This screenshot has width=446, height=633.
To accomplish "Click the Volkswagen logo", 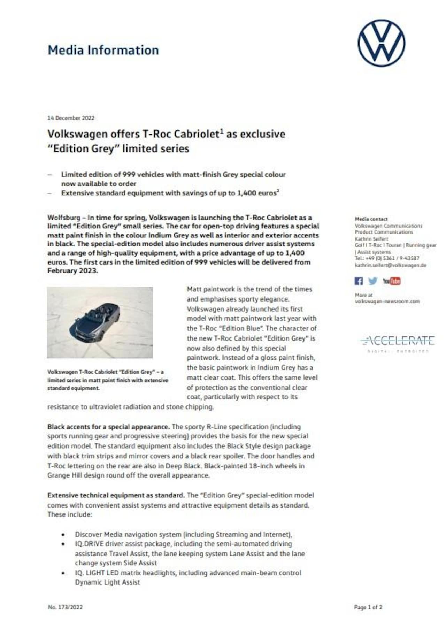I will click(x=381, y=43).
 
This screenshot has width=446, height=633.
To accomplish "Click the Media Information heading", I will click(x=103, y=50).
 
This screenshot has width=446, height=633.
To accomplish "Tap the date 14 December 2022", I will click(x=71, y=118).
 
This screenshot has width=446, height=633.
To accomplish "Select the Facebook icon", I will click(x=359, y=281).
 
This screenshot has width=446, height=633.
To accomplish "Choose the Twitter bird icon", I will click(x=372, y=281).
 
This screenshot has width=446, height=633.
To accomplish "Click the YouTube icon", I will click(x=391, y=281).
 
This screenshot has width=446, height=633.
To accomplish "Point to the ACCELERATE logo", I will click(x=397, y=341).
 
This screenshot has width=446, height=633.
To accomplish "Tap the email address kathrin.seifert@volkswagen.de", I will click(x=390, y=265).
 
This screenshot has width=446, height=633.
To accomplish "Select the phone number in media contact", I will click(x=387, y=258).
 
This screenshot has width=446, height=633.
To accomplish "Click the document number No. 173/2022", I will click(x=65, y=607).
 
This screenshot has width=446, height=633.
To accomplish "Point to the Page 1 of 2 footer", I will click(x=368, y=607).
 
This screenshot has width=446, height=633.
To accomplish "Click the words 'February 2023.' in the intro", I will click(x=72, y=271).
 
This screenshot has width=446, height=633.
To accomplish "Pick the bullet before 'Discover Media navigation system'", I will click(x=63, y=534).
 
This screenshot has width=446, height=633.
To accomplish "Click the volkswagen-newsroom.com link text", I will click(x=387, y=301).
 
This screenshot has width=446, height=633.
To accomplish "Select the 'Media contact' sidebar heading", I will click(x=371, y=219).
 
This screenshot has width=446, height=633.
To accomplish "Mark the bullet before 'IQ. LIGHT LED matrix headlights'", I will click(x=63, y=573).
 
